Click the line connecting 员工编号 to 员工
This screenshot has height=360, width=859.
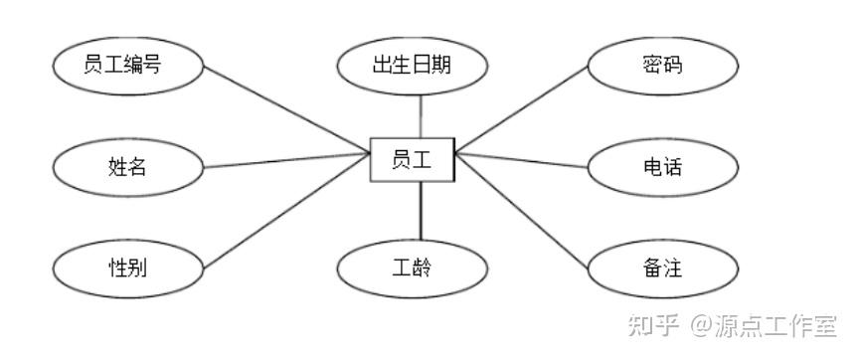coord(286,110)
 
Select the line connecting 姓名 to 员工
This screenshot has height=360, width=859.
coord(286,160)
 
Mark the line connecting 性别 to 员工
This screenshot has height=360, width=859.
coord(286,212)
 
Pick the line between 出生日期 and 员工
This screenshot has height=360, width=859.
coord(421,116)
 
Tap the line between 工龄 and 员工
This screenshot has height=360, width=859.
coord(421,211)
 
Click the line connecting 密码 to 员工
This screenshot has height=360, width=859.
coord(522,108)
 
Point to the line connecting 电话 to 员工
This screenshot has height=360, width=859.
coord(522,160)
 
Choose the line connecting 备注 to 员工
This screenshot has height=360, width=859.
coord(522,211)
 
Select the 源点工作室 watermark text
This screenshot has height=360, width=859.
coord(775,325)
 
